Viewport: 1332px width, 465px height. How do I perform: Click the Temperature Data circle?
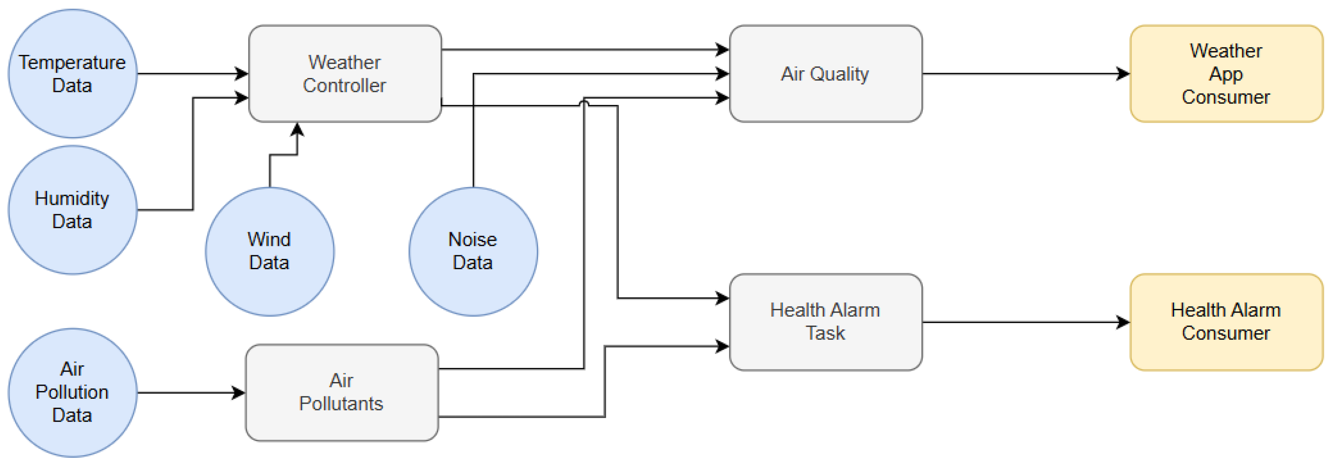72,74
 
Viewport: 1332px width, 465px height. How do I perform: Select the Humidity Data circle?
72,209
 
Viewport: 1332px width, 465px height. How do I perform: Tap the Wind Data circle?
269,251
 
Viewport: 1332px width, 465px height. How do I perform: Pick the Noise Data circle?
473,251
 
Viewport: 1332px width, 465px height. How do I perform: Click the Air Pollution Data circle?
72,392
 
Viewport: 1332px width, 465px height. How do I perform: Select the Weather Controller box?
344,74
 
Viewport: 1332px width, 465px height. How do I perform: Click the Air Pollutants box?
341,392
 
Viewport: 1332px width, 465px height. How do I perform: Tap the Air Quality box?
825,74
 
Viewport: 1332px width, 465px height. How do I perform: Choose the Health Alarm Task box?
825,322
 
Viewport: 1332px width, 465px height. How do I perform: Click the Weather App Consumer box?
1226,74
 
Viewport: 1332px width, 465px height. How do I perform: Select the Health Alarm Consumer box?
1226,322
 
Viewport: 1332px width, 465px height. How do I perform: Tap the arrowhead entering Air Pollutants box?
239,392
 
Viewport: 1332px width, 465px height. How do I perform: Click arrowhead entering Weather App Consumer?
1123,74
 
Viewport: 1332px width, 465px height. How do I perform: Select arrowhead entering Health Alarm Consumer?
1123,322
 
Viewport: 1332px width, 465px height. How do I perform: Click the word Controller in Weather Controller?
344,85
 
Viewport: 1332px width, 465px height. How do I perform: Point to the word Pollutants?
341,404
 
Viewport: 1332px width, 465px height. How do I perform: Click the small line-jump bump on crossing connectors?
584,103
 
